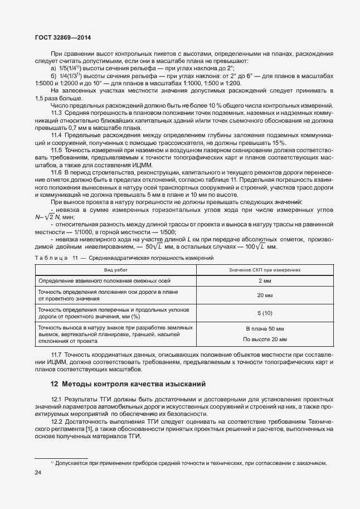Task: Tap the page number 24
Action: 38,473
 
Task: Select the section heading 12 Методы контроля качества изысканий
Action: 128,384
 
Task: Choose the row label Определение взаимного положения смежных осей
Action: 108,280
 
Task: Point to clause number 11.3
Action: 56,113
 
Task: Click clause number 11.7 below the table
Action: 56,355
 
